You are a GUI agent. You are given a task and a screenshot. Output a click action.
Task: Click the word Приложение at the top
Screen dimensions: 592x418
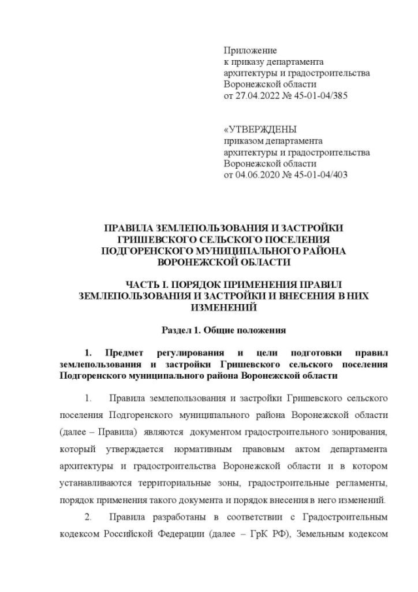pos(249,50)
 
